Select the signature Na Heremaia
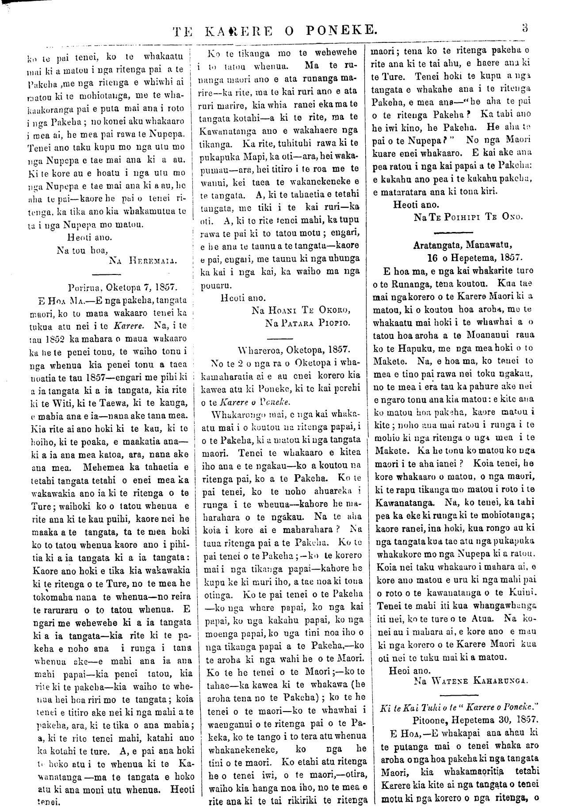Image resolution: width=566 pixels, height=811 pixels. click(142, 260)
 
